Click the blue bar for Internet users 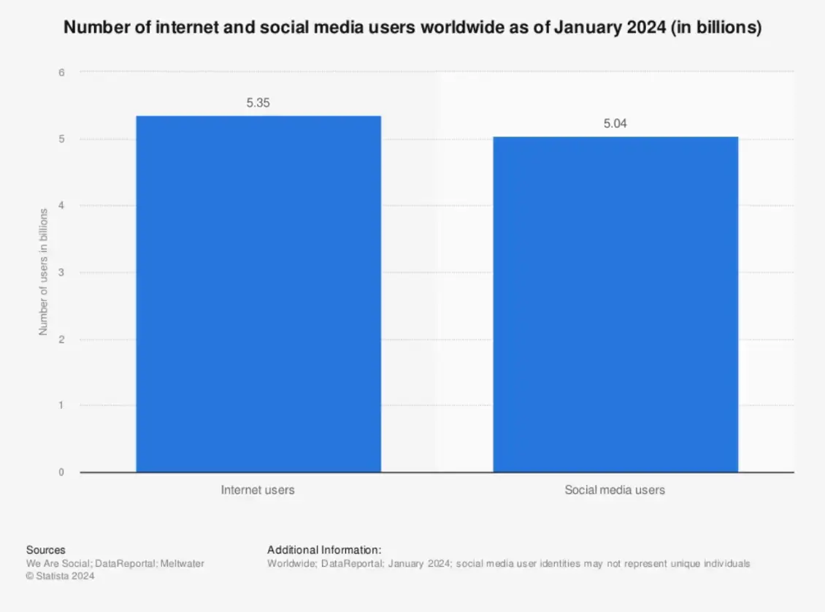tap(258, 294)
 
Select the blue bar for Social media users tap(615, 304)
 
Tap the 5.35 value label tap(258, 104)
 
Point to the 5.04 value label tap(615, 124)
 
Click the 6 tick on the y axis tap(61, 72)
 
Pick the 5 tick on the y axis tap(61, 139)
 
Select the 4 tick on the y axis tap(61, 206)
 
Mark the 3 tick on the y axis tap(61, 272)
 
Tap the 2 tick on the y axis tap(61, 340)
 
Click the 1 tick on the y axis tap(61, 405)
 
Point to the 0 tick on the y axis tap(61, 473)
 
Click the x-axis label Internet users tap(258, 490)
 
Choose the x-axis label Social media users tap(615, 490)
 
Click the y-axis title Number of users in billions tap(43, 272)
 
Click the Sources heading tap(45, 550)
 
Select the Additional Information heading tap(324, 550)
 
